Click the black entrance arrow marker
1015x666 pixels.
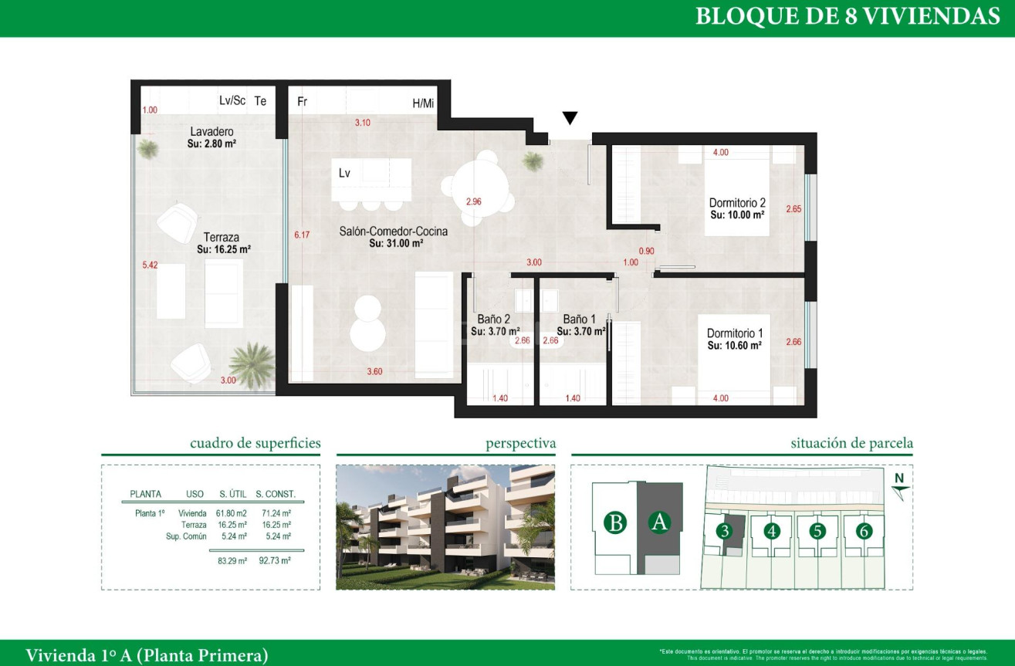click(x=570, y=118)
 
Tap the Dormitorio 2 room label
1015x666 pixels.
click(x=737, y=203)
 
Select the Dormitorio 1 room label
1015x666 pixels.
click(x=735, y=333)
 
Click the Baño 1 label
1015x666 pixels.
click(x=579, y=319)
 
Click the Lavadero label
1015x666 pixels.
click(x=211, y=132)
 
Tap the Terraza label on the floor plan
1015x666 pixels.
click(x=223, y=238)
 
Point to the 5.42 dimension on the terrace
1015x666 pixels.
click(x=150, y=265)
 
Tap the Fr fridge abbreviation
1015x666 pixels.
click(x=303, y=101)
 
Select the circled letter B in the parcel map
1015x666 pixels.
click(x=615, y=522)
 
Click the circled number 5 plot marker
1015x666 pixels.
click(x=818, y=531)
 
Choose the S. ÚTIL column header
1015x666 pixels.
click(x=233, y=494)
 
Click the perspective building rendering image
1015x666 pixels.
click(x=445, y=527)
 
